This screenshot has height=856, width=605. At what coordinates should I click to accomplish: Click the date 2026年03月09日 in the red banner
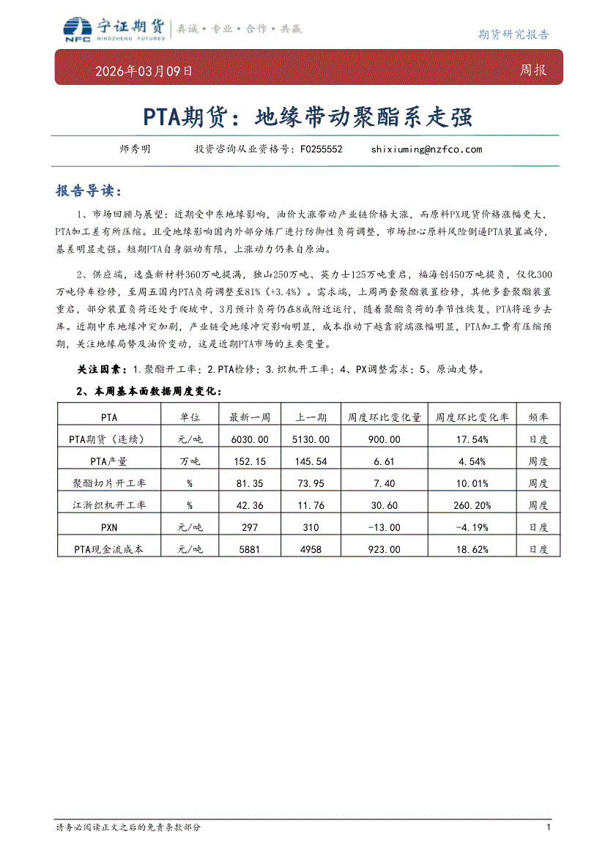tap(144, 72)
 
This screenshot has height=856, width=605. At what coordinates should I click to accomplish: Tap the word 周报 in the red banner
tap(532, 71)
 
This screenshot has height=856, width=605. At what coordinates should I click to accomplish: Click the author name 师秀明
tap(135, 149)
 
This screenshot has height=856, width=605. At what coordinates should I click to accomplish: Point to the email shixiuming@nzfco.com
tap(427, 149)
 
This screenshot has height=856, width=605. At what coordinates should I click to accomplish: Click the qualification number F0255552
tap(322, 149)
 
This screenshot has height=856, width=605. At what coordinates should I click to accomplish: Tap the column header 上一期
tap(311, 417)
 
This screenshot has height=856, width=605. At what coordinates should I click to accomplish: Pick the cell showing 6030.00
tap(250, 439)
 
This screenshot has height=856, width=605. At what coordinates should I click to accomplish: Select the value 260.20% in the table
tap(472, 505)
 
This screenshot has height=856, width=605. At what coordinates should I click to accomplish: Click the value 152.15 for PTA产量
tap(250, 461)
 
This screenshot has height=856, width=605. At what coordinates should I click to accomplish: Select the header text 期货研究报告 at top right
tap(513, 34)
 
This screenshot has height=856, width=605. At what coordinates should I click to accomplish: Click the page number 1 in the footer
tap(549, 827)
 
